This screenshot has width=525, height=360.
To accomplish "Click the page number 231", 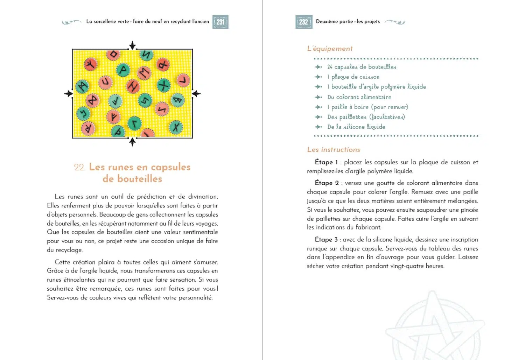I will point(220,22).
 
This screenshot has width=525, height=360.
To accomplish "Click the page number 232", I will point(303,22).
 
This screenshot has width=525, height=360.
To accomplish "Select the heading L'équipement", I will point(330,49).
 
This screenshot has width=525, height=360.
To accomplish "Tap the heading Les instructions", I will point(334,150).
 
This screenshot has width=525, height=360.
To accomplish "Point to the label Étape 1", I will point(326,162).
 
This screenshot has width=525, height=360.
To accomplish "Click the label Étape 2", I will point(327,183).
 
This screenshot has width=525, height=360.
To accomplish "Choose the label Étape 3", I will point(326,240).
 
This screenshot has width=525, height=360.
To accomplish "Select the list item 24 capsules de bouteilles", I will point(362,67).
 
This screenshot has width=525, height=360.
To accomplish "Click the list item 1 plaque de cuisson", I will point(353,77).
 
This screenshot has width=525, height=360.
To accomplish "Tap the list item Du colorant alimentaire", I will point(359,97).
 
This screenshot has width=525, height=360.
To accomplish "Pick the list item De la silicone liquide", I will point(356,127).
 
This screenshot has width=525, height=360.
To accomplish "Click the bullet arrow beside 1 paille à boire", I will point(318,107).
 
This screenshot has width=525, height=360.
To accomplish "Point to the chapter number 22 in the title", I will point(79,167).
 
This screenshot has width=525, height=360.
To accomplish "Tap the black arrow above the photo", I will point(132,45).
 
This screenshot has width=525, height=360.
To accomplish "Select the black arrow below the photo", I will point(132,142).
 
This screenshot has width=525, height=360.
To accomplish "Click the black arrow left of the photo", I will point(68,93).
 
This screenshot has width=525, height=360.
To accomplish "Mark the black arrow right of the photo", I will point(197,93).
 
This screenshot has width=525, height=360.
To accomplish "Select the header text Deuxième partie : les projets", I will point(348,22).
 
